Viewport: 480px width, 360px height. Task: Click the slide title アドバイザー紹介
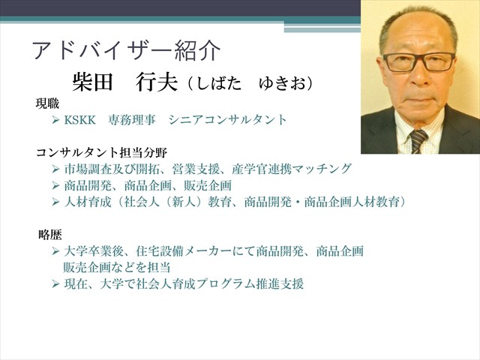(x=127, y=50)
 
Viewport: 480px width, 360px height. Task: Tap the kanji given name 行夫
(x=157, y=82)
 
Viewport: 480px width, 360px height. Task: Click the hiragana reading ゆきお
(x=283, y=83)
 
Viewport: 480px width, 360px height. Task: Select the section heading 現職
(x=47, y=103)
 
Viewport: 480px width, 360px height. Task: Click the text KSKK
(x=80, y=120)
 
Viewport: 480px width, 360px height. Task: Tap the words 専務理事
(x=132, y=120)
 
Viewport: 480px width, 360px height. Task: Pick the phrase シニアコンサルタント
(x=227, y=120)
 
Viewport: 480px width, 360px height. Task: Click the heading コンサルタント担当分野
(x=102, y=152)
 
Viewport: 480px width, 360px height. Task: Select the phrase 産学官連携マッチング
(x=291, y=169)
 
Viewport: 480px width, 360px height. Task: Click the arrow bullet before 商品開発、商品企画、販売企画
(x=55, y=185)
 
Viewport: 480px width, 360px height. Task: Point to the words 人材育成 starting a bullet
(x=88, y=202)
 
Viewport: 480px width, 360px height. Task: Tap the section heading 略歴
(x=50, y=235)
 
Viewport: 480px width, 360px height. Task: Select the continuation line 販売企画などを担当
(x=117, y=268)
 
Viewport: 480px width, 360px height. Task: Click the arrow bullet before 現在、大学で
(x=55, y=284)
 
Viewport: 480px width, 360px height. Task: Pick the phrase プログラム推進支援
(x=250, y=284)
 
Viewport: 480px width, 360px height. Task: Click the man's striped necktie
(x=418, y=141)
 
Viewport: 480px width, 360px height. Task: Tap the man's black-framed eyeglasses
(x=419, y=62)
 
